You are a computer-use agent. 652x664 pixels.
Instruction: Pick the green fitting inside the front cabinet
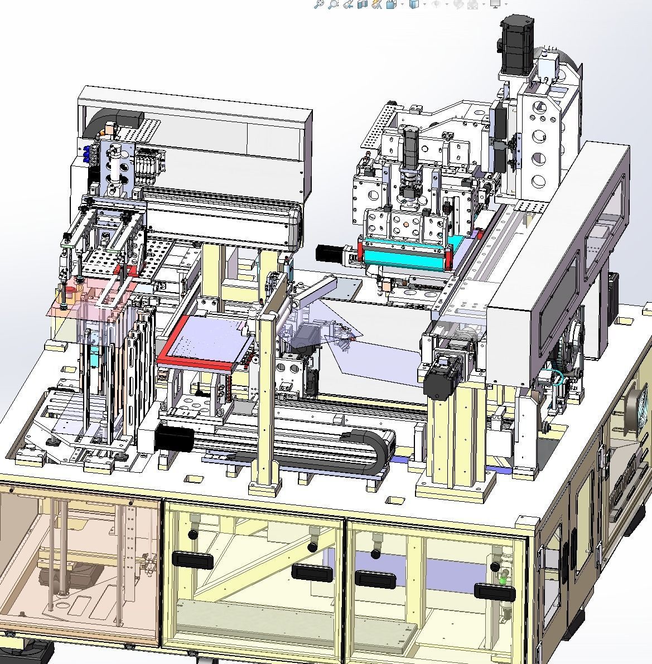pyautogui.click(x=503, y=580)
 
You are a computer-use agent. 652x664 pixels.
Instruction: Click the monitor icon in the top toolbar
pyautogui.click(x=494, y=4)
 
